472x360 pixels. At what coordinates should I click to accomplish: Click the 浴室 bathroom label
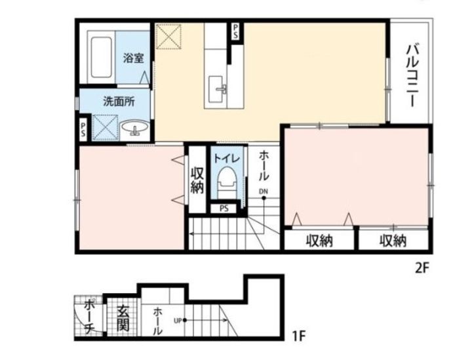tap(133, 58)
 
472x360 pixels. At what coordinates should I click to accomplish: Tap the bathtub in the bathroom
tap(101, 57)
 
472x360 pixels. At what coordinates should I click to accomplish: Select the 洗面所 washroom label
tap(119, 102)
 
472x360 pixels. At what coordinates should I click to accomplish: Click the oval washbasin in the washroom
tap(134, 127)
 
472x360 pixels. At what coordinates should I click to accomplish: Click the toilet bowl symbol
tap(227, 181)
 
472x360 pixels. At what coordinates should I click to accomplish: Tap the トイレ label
tap(227, 158)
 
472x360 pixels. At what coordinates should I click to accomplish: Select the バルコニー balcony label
tap(412, 75)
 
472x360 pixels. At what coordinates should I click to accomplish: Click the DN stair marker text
tap(263, 191)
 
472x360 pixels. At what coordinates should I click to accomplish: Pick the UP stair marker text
tap(178, 321)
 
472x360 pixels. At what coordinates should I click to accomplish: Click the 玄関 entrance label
tap(123, 319)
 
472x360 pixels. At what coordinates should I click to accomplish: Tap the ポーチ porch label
tap(89, 317)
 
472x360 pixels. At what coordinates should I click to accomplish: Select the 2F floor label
tap(422, 268)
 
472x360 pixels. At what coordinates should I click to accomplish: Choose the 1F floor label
tap(299, 335)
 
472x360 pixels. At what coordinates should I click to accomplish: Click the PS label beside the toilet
tap(224, 209)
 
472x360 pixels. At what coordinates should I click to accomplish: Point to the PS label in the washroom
tap(83, 129)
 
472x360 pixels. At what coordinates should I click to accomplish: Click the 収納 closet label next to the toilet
tap(197, 180)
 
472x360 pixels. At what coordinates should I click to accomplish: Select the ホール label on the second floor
tap(264, 165)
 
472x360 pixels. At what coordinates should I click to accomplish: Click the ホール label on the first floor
tap(157, 321)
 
